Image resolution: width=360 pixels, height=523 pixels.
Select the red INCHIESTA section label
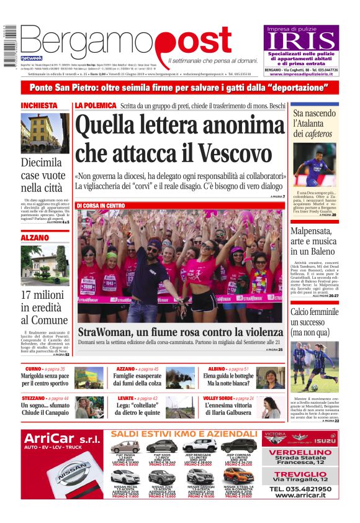click(x=39, y=106)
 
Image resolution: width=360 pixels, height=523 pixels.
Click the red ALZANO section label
click(x=35, y=238)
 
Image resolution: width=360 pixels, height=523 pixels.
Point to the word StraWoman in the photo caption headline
click(x=110, y=332)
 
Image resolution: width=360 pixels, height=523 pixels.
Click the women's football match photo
click(x=315, y=366)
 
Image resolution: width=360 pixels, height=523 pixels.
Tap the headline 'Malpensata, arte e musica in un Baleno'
click(x=315, y=241)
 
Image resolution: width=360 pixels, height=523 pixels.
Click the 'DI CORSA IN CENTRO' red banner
click(x=101, y=206)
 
